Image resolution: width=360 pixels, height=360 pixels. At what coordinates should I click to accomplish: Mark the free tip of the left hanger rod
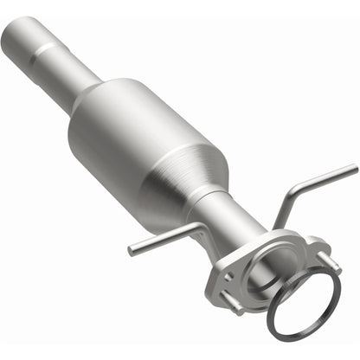click(132, 252)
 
